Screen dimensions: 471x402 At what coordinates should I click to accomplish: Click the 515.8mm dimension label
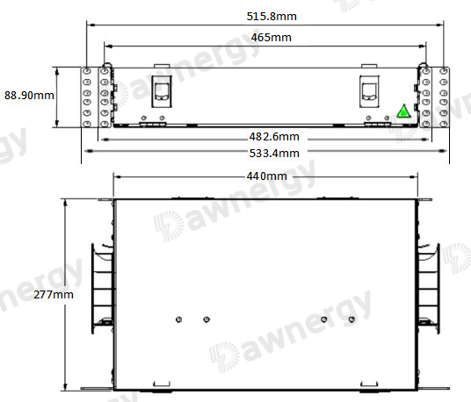(x=272, y=16)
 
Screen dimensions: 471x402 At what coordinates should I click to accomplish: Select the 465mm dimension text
(x=272, y=38)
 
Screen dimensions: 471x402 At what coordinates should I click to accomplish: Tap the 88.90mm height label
(x=29, y=96)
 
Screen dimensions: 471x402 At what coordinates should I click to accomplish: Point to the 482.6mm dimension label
(x=274, y=137)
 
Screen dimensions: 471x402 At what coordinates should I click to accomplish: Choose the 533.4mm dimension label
(x=274, y=154)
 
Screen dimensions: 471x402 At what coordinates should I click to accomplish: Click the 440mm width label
(x=267, y=176)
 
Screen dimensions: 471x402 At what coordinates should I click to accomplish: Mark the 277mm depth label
(x=54, y=295)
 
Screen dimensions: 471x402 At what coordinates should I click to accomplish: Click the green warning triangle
(x=403, y=111)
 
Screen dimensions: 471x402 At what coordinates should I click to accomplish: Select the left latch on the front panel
(x=162, y=91)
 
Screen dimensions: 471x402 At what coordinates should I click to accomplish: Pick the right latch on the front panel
(x=369, y=91)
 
